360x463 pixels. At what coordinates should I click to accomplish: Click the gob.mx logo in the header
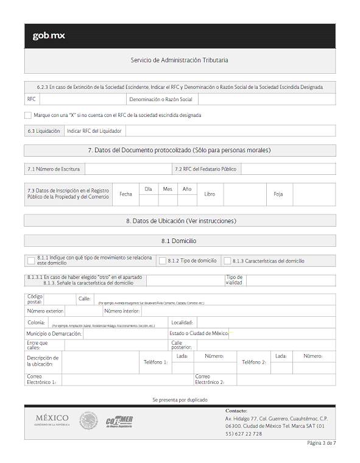click(x=49, y=36)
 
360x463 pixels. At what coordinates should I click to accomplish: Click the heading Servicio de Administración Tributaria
click(x=180, y=60)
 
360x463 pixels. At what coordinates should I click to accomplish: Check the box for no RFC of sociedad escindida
click(x=28, y=115)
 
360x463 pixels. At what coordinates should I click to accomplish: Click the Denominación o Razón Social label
click(x=161, y=99)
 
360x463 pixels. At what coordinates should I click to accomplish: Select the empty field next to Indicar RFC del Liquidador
click(x=230, y=131)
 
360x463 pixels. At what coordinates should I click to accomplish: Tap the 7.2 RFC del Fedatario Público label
click(x=205, y=169)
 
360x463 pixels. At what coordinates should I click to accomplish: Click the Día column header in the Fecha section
click(x=148, y=189)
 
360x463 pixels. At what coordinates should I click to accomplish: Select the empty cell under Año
click(x=187, y=200)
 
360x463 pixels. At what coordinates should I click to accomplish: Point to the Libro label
click(x=210, y=194)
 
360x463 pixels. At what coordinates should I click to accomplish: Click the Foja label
click(x=278, y=194)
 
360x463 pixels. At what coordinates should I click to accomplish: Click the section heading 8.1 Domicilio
click(x=180, y=241)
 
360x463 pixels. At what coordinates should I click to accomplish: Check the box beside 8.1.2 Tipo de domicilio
click(x=163, y=261)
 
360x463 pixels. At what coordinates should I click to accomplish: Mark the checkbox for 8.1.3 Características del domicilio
click(x=227, y=261)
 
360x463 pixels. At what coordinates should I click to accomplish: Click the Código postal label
click(x=35, y=299)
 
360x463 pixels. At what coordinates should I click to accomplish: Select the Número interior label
click(x=122, y=311)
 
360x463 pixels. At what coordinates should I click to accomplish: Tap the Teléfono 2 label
click(x=254, y=362)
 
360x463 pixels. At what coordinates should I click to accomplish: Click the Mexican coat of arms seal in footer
click(x=88, y=420)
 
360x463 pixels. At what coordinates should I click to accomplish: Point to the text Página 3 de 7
click(x=321, y=443)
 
